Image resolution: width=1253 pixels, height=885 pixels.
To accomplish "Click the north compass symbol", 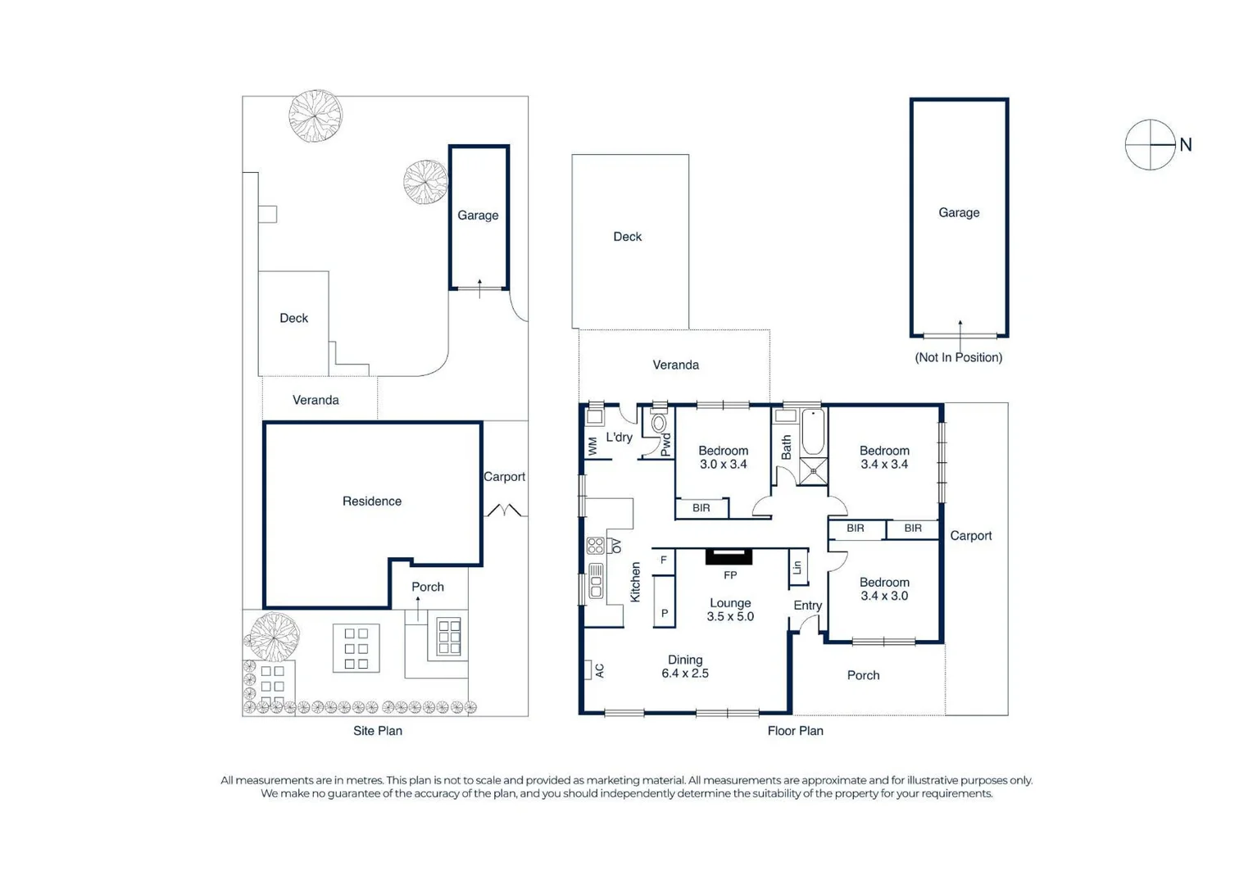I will point(1150,145).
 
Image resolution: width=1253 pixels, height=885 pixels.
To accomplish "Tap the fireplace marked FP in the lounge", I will point(729,557).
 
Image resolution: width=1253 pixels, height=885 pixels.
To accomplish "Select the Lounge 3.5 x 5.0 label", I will point(729,610).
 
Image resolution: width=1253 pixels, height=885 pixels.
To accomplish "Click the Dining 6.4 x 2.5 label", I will point(685,666).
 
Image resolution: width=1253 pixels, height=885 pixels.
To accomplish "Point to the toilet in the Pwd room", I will point(658,424).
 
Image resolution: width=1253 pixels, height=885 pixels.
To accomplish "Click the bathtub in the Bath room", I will point(812,433).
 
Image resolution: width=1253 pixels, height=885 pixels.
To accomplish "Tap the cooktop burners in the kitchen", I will point(596,545).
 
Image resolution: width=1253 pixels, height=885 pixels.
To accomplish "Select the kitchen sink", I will point(596,580).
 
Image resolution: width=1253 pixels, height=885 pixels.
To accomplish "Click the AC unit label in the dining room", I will point(599,670).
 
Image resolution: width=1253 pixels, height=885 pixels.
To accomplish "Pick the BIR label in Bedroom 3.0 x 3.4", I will point(701,508).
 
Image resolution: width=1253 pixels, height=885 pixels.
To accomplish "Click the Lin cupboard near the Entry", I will point(797,567).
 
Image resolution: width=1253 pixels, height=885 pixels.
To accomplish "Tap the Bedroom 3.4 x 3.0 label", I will point(884,589).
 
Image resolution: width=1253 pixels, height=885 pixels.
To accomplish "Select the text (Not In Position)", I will point(958,357).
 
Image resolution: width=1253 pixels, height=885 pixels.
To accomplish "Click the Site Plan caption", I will point(378,731).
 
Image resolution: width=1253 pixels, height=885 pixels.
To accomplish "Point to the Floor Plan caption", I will point(795,731).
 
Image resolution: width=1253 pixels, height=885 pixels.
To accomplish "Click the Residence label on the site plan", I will point(372,501).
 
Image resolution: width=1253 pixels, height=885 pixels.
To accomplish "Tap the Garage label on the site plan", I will point(478,216).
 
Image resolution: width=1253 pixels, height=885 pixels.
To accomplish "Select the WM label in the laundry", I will point(592,446).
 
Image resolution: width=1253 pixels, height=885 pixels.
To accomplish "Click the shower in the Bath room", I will point(813,471).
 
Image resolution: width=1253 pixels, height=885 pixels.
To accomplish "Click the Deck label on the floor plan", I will point(628,237).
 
